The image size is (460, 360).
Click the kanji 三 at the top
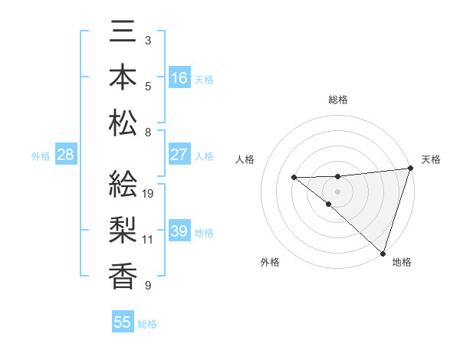[123, 33]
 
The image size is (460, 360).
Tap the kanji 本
[123, 77]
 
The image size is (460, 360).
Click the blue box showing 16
[179, 77]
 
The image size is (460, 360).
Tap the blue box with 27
[179, 155]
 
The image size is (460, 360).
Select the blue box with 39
[179, 231]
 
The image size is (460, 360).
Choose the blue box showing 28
[66, 155]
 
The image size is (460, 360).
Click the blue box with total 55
[123, 322]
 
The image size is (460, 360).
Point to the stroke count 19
[149, 194]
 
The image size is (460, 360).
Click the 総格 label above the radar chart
[337, 100]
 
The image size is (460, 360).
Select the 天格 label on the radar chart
[431, 159]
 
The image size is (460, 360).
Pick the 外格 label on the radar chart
[269, 262]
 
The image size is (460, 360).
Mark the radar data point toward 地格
[382, 252]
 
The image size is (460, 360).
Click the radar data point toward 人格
[294, 178]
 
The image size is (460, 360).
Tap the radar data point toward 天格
[410, 169]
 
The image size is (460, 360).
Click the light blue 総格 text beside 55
[148, 324]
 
